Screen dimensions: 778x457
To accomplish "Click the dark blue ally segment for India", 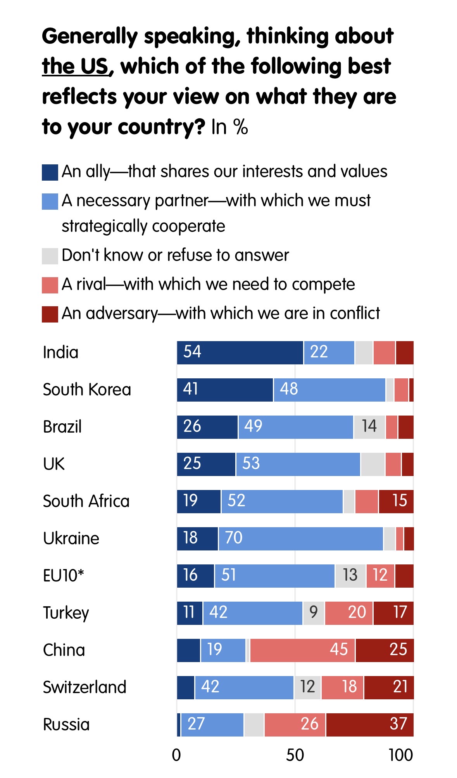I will click(x=240, y=353).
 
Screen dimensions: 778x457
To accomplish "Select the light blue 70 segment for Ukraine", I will click(x=300, y=539).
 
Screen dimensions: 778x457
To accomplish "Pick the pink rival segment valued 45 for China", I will click(x=302, y=650).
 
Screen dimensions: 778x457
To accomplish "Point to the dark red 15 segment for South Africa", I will click(x=396, y=502).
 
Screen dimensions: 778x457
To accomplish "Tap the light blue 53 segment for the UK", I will click(x=298, y=464).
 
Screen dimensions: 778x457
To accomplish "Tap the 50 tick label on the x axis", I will click(x=295, y=756).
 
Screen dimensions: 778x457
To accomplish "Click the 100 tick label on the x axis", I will click(x=401, y=756).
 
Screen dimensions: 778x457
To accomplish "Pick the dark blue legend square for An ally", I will click(x=50, y=173).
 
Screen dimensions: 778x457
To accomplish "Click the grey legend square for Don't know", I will click(x=50, y=256).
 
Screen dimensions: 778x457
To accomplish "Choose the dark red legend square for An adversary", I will click(x=50, y=314).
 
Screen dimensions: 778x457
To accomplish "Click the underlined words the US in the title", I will click(x=75, y=66).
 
